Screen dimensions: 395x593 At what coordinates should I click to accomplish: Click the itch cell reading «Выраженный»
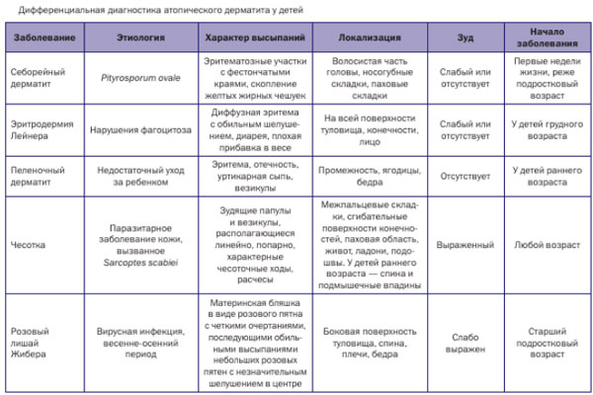pos(465,243)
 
